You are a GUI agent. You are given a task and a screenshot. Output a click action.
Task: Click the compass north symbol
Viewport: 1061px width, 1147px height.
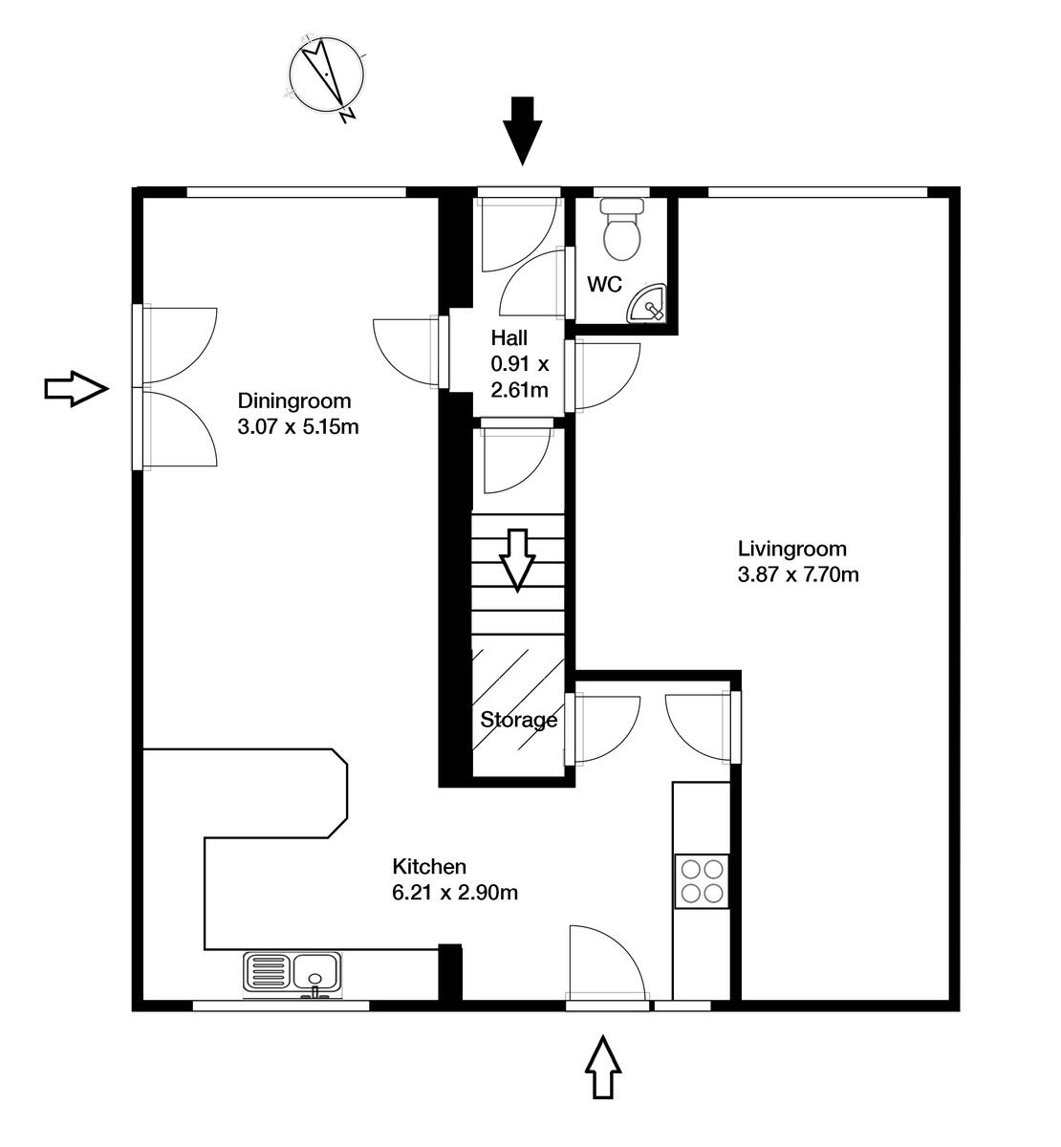(327, 76)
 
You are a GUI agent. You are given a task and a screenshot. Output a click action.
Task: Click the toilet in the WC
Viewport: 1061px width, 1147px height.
(623, 229)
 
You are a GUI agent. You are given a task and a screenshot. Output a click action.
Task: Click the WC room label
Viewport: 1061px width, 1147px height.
(604, 284)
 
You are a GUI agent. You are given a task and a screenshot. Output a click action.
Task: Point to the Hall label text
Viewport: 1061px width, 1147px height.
(509, 337)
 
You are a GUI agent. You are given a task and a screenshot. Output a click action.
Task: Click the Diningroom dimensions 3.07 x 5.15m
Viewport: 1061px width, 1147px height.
(297, 426)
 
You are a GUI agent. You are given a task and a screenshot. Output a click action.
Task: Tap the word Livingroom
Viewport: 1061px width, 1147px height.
(791, 549)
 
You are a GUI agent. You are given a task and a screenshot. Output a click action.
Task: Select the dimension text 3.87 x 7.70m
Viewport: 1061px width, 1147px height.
(797, 574)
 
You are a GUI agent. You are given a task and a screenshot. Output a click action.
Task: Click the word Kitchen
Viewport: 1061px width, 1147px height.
(429, 867)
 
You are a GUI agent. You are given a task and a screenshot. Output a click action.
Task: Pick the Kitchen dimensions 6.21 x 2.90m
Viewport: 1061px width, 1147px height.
(455, 893)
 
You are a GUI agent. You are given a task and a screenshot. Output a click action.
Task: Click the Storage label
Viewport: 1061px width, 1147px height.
(518, 720)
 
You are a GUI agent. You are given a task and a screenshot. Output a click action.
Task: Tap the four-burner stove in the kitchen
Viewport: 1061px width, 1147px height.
(702, 881)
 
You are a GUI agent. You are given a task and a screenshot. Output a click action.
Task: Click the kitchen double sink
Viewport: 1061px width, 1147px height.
(292, 973)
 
